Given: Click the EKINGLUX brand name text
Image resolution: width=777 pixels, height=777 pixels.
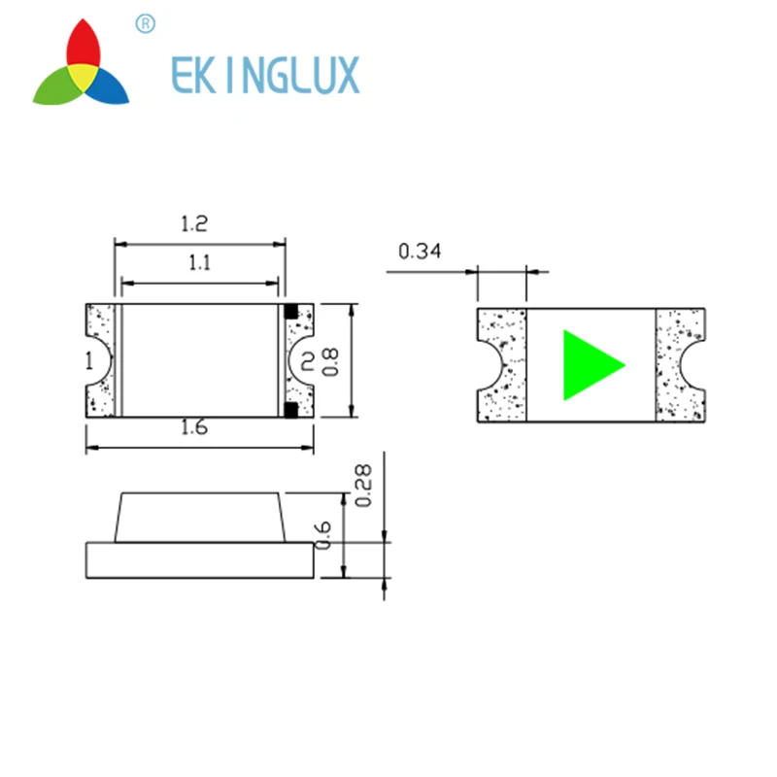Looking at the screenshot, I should [x=265, y=75].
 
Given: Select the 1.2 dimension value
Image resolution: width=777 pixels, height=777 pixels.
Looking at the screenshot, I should [x=194, y=223].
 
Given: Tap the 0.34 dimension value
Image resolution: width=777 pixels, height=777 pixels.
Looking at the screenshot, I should [x=419, y=252].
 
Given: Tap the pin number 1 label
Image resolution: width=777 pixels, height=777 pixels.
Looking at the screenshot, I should [x=89, y=362].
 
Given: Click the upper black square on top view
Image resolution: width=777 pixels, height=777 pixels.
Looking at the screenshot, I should [x=289, y=313].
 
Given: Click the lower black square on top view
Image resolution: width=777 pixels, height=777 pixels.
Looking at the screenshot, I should [x=289, y=410].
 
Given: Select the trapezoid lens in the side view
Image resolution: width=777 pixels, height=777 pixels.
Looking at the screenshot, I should [x=202, y=517].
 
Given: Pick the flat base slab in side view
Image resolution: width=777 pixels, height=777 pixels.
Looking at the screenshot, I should [x=201, y=560].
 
